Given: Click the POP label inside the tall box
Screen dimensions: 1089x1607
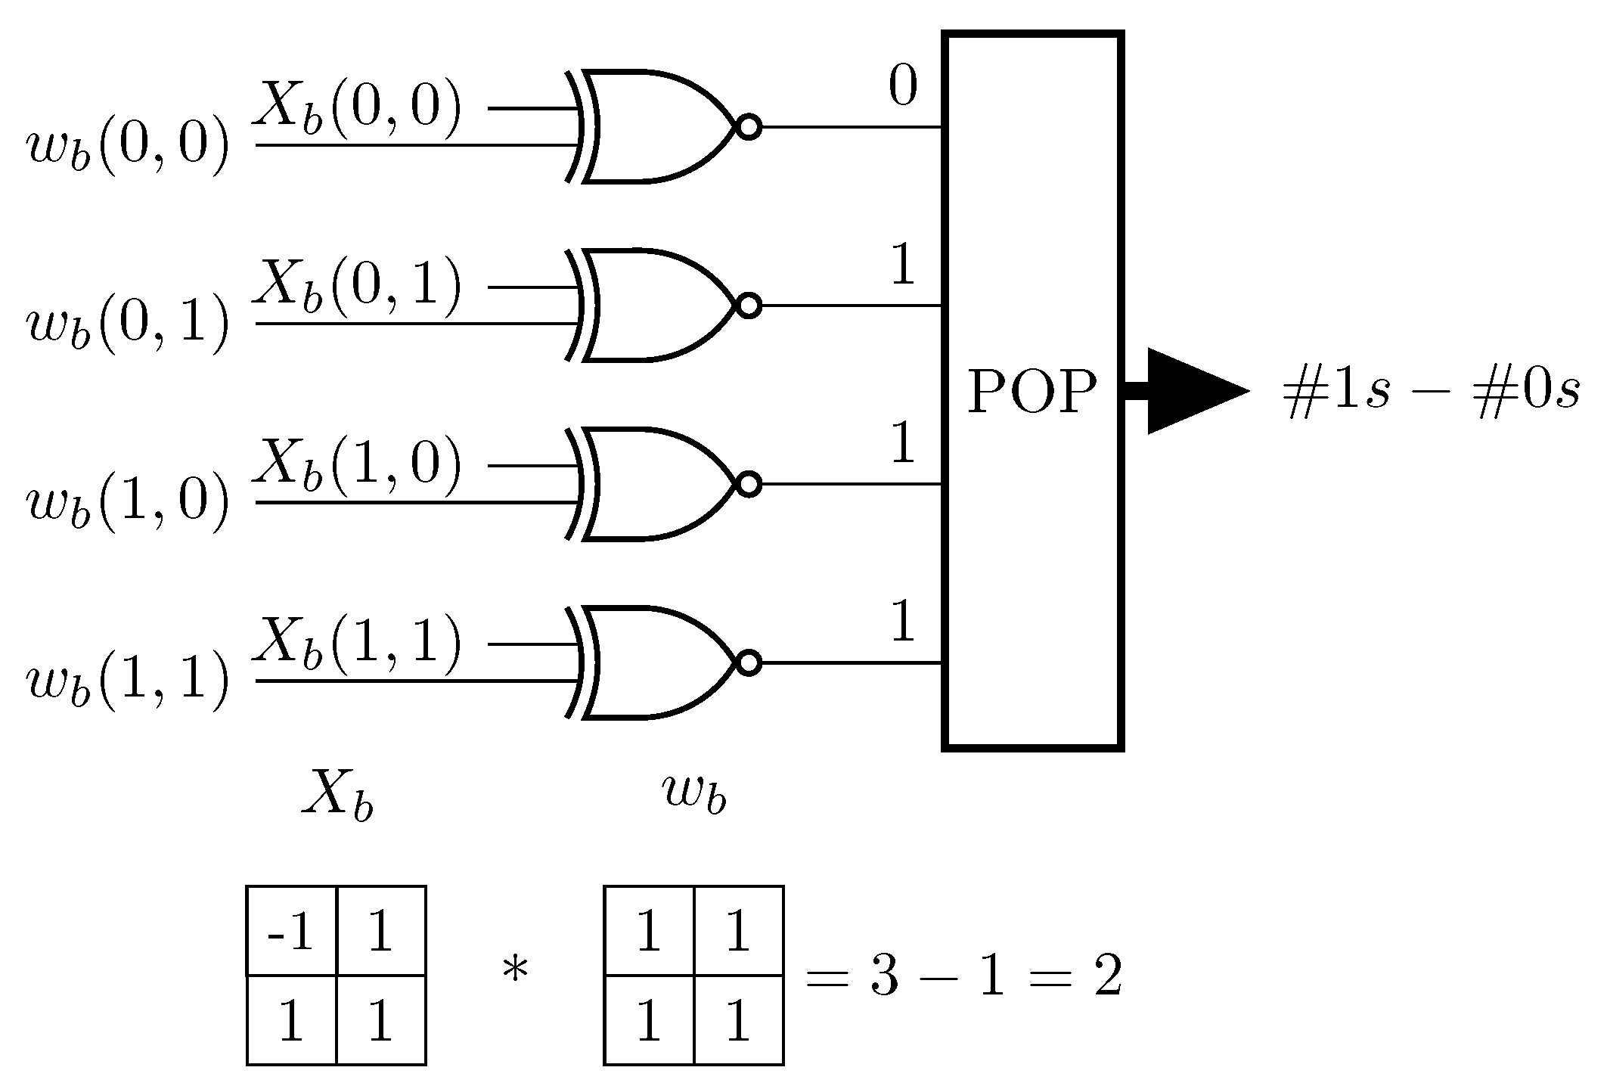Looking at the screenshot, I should pyautogui.click(x=1032, y=392).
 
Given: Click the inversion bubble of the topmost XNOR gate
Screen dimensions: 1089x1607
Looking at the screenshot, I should pyautogui.click(x=749, y=128).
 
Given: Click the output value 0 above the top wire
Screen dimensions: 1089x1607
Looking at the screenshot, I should pyautogui.click(x=903, y=86).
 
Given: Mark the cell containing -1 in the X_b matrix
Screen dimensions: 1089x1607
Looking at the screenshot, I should pyautogui.click(x=291, y=932).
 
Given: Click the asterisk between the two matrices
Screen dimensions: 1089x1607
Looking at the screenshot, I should pyautogui.click(x=515, y=971).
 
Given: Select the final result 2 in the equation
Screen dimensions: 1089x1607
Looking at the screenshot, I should pyautogui.click(x=1107, y=976).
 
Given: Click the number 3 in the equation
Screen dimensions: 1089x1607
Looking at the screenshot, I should pyautogui.click(x=884, y=976).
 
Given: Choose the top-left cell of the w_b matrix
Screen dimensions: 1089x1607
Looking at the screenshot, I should pyautogui.click(x=649, y=932).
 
